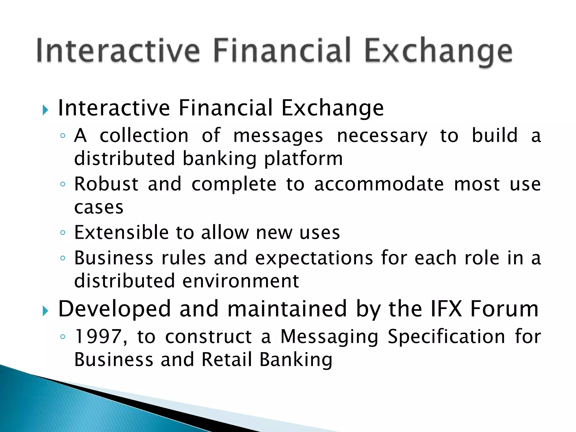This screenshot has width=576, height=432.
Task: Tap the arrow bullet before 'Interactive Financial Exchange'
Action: [x=45, y=110]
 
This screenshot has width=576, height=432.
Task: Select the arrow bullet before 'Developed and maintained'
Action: [x=45, y=311]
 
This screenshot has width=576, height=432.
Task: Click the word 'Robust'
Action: [x=106, y=184]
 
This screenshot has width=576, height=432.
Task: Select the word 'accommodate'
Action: [x=379, y=184]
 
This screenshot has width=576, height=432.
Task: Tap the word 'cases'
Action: [x=99, y=208]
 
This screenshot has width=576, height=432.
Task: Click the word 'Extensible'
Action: [x=121, y=233]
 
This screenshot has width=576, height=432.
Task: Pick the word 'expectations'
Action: [x=314, y=258]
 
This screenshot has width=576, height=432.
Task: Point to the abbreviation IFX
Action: [x=446, y=309]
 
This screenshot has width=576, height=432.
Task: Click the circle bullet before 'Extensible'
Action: [x=63, y=233]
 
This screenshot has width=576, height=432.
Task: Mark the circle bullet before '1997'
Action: [x=63, y=337]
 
